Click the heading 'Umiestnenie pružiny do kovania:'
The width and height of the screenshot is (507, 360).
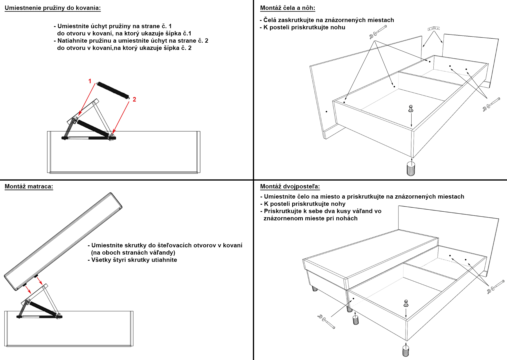pos(52,8)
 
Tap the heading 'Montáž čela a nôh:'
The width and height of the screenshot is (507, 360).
pos(287,8)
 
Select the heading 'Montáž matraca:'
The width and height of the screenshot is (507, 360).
pos(29,186)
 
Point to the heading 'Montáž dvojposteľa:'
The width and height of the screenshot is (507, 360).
pos(290,186)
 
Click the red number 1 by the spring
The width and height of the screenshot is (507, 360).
pos(90,81)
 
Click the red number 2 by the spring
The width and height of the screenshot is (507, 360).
pos(134,100)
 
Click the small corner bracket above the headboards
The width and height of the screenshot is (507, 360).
pos(434,28)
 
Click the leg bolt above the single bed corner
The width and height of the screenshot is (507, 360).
pos(411,109)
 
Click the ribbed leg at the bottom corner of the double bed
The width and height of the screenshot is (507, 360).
pos(405,350)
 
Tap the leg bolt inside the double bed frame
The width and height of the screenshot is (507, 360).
pos(406,303)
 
